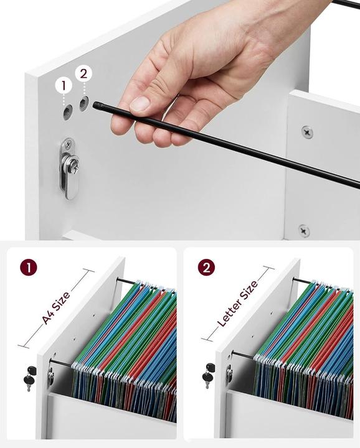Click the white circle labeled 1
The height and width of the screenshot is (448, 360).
64,85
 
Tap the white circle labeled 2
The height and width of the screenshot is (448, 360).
83,73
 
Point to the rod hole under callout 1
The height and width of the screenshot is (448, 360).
67,112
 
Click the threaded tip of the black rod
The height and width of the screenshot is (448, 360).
98,106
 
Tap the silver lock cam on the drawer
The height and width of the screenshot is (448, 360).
70,169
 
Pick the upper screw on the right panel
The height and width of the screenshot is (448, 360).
307,132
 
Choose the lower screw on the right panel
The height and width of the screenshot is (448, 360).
304,230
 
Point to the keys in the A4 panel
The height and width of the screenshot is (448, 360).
29,378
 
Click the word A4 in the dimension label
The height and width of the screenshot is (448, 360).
49,316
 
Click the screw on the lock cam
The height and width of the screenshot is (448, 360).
73,165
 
